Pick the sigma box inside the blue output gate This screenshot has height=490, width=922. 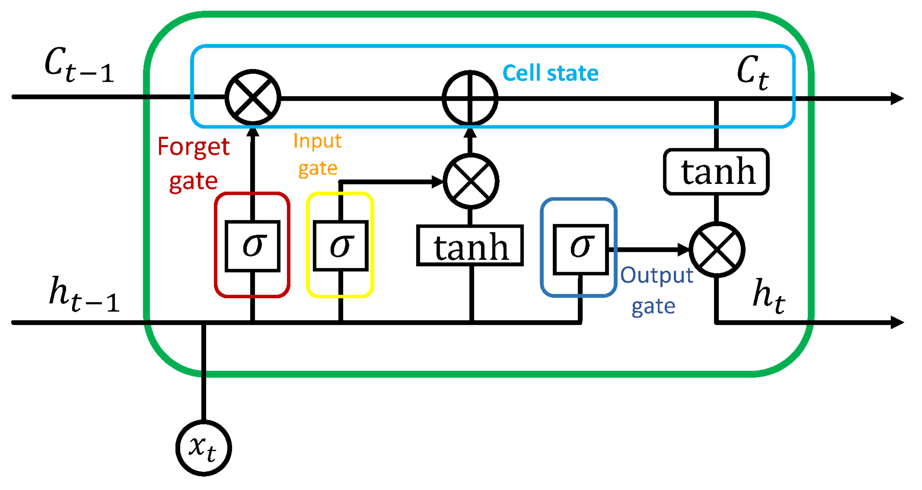(x=580, y=249)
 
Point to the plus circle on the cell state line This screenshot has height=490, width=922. (x=470, y=97)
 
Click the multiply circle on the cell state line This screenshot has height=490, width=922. (x=253, y=97)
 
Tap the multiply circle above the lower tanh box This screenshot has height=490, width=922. (x=471, y=181)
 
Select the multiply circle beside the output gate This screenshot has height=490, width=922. (x=717, y=249)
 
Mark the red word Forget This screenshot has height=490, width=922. (x=193, y=146)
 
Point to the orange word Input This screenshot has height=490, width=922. (x=317, y=141)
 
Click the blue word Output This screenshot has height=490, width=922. (x=657, y=276)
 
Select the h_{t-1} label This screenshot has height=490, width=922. (x=84, y=294)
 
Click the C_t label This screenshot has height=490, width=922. (x=753, y=72)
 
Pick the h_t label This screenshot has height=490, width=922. (x=768, y=296)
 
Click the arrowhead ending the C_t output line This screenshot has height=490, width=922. (x=897, y=98)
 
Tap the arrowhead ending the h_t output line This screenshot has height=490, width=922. (x=897, y=322)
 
